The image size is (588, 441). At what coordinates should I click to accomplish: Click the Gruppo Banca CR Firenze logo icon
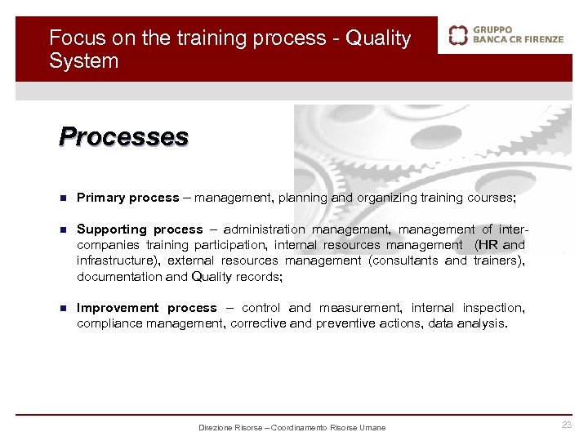pyautogui.click(x=458, y=36)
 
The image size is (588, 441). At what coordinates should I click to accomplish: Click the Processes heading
pyautogui.click(x=123, y=136)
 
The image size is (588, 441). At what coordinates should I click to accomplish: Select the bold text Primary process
pyautogui.click(x=127, y=198)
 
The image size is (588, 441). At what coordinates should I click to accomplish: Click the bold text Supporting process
pyautogui.click(x=140, y=229)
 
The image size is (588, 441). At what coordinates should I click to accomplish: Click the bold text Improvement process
pyautogui.click(x=147, y=308)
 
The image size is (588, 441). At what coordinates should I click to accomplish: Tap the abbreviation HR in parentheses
pyautogui.click(x=488, y=245)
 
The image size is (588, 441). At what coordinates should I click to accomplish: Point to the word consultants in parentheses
pyautogui.click(x=405, y=261)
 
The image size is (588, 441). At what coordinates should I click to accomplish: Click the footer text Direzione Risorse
pyautogui.click(x=232, y=428)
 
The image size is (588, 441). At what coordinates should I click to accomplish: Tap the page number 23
pyautogui.click(x=567, y=425)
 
